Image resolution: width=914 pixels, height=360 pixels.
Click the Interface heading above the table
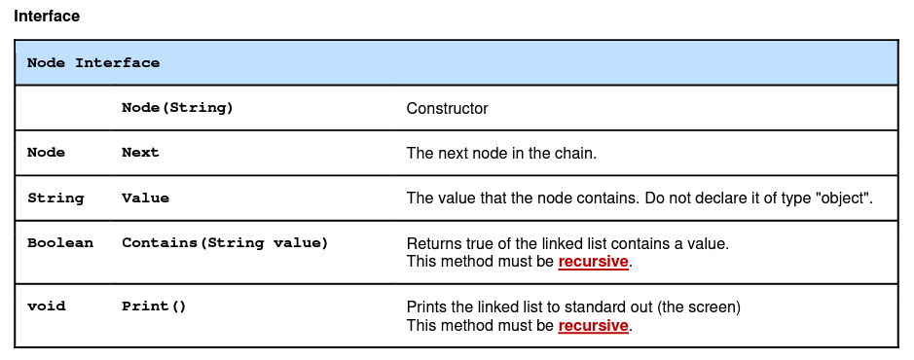pyautogui.click(x=47, y=17)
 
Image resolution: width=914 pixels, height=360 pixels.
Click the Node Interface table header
pyautogui.click(x=93, y=63)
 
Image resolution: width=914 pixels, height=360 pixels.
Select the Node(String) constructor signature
pyautogui.click(x=177, y=108)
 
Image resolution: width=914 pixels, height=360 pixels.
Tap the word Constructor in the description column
pyautogui.click(x=447, y=109)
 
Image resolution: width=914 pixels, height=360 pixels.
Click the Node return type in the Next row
pyautogui.click(x=46, y=153)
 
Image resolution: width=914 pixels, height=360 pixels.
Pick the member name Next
pyautogui.click(x=140, y=153)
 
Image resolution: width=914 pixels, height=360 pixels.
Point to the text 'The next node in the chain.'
pyautogui.click(x=501, y=154)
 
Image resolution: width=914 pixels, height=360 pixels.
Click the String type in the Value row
pyautogui.click(x=55, y=198)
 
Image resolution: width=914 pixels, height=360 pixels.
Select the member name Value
pyautogui.click(x=145, y=198)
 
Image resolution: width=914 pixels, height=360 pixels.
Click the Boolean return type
pyautogui.click(x=60, y=243)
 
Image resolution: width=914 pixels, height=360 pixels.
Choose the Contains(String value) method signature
pyautogui.click(x=225, y=243)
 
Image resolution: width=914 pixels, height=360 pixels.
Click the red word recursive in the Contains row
pyautogui.click(x=593, y=262)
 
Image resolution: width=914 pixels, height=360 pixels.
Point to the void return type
pyautogui.click(x=46, y=306)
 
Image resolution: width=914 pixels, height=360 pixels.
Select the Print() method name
pyautogui.click(x=154, y=306)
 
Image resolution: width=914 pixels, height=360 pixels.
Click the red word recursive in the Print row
pyautogui.click(x=593, y=326)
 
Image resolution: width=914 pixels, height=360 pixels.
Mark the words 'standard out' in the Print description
pyautogui.click(x=609, y=307)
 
